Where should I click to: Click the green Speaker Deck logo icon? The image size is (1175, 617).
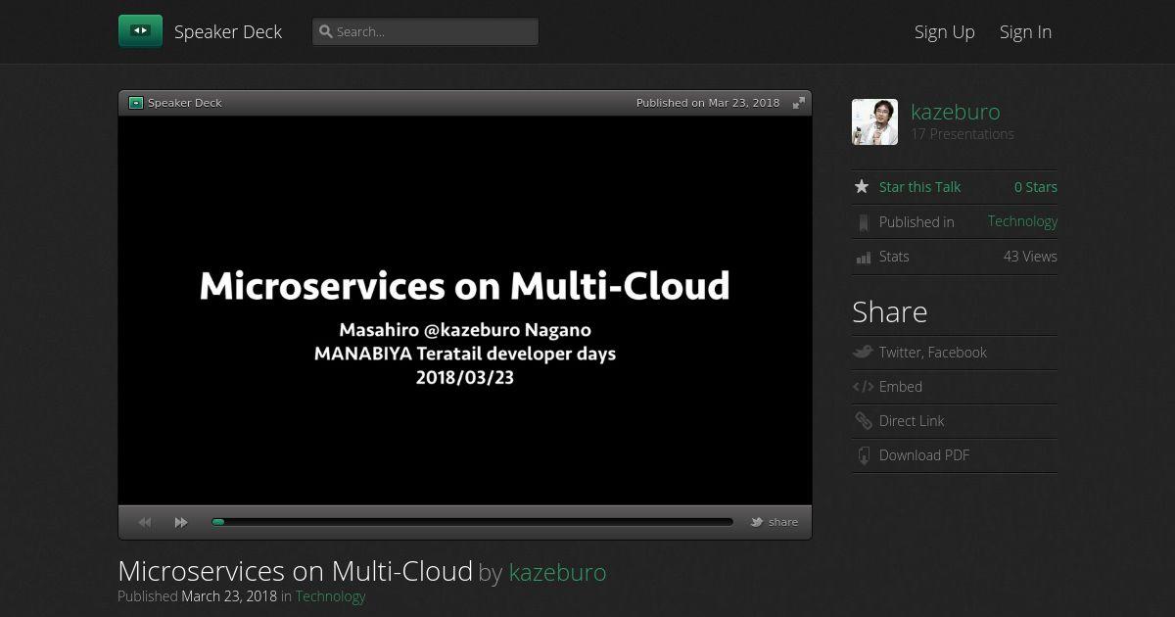[x=140, y=31]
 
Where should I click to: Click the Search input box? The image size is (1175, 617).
[x=425, y=31]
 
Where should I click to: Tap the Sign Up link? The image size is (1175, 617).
[x=944, y=32]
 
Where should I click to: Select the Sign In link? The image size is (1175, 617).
[x=1025, y=32]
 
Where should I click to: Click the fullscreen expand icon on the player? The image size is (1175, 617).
[x=798, y=103]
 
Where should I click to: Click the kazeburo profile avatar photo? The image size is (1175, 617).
[x=874, y=121]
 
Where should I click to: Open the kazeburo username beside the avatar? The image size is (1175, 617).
[x=956, y=112]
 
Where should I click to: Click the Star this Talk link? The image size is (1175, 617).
[x=919, y=187]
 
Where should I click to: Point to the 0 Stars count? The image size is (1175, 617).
[x=1036, y=187]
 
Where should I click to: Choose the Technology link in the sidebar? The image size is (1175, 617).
[x=1022, y=221]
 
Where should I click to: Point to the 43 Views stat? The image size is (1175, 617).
[x=1030, y=256]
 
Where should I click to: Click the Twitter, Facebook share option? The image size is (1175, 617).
[x=932, y=352]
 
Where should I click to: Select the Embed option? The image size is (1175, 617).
[x=900, y=387]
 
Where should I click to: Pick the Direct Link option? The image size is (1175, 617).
[x=912, y=421]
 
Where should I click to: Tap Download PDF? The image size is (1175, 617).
[x=923, y=454]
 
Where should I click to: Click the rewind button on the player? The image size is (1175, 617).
[x=145, y=523]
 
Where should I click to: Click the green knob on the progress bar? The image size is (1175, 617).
[x=218, y=522]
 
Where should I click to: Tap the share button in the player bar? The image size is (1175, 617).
[x=775, y=522]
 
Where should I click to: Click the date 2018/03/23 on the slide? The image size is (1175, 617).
[x=465, y=378]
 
